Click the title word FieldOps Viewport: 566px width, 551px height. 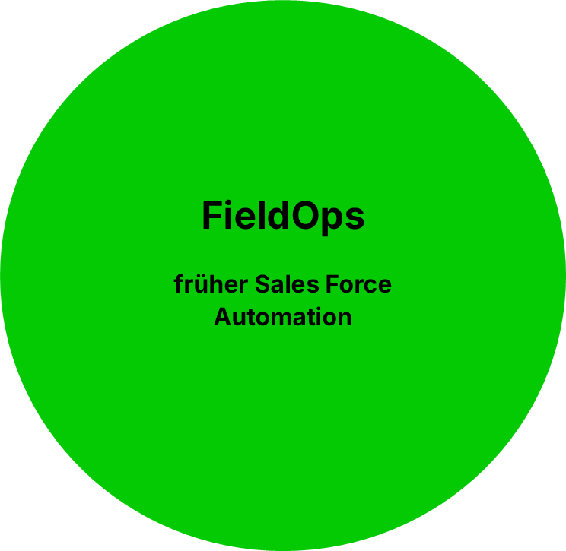283,217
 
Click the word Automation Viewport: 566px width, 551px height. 283,316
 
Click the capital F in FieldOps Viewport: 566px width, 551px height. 211,217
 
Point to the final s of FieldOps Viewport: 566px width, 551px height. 355,219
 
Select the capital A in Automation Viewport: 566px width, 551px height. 222,316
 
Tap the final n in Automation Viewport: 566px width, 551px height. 345,318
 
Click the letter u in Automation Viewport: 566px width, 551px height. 239,318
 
